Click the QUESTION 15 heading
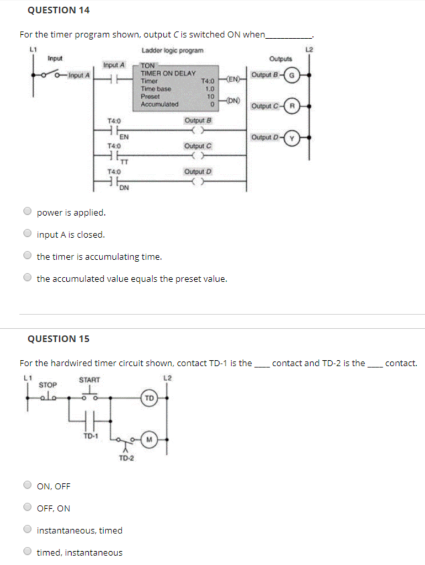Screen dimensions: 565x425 coord(59,338)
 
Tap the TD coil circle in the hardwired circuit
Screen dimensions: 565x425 coord(149,397)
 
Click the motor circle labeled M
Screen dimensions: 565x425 coord(148,439)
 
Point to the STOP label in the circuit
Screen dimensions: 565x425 coord(47,384)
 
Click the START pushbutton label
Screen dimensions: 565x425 coord(89,380)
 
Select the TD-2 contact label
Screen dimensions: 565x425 coord(126,458)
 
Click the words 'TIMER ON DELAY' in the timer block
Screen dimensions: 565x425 coord(168,73)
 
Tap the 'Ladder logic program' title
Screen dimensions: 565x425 coord(172,51)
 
